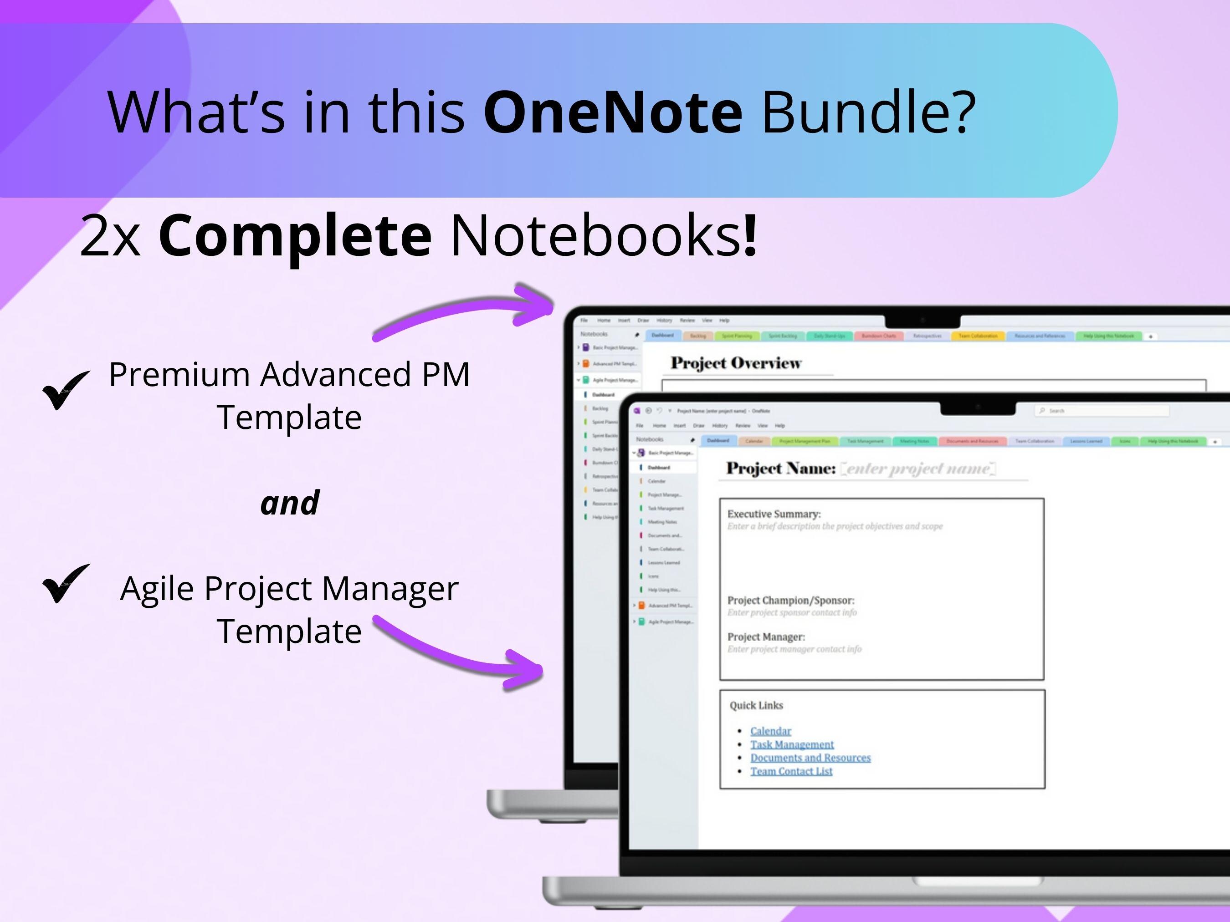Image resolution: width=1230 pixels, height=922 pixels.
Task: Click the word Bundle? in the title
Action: [868, 112]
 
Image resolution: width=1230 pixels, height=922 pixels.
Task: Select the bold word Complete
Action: [295, 236]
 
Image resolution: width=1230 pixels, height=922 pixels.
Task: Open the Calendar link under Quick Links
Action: [770, 731]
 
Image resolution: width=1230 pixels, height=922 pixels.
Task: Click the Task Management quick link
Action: [792, 744]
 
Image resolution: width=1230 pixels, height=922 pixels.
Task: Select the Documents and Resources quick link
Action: [810, 758]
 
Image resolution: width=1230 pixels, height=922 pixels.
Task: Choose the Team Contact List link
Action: [791, 771]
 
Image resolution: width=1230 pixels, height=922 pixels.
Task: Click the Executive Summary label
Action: [774, 514]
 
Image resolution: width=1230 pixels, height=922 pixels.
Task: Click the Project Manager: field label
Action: [766, 637]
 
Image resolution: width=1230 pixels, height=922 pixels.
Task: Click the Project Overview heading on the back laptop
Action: [736, 363]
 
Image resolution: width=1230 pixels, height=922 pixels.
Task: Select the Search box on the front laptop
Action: [1101, 411]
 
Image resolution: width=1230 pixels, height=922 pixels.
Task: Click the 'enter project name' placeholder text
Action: [917, 469]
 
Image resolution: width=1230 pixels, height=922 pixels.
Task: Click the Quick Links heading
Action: [756, 705]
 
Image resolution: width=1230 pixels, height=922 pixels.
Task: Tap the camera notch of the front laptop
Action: [978, 408]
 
